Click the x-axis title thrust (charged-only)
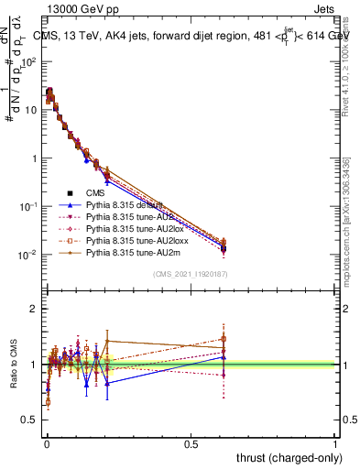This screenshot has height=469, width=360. (x=286, y=457)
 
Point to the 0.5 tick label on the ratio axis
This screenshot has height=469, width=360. (x=29, y=420)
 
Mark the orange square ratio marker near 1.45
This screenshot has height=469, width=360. (x=224, y=339)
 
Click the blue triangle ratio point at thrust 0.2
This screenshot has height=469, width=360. (x=108, y=383)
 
